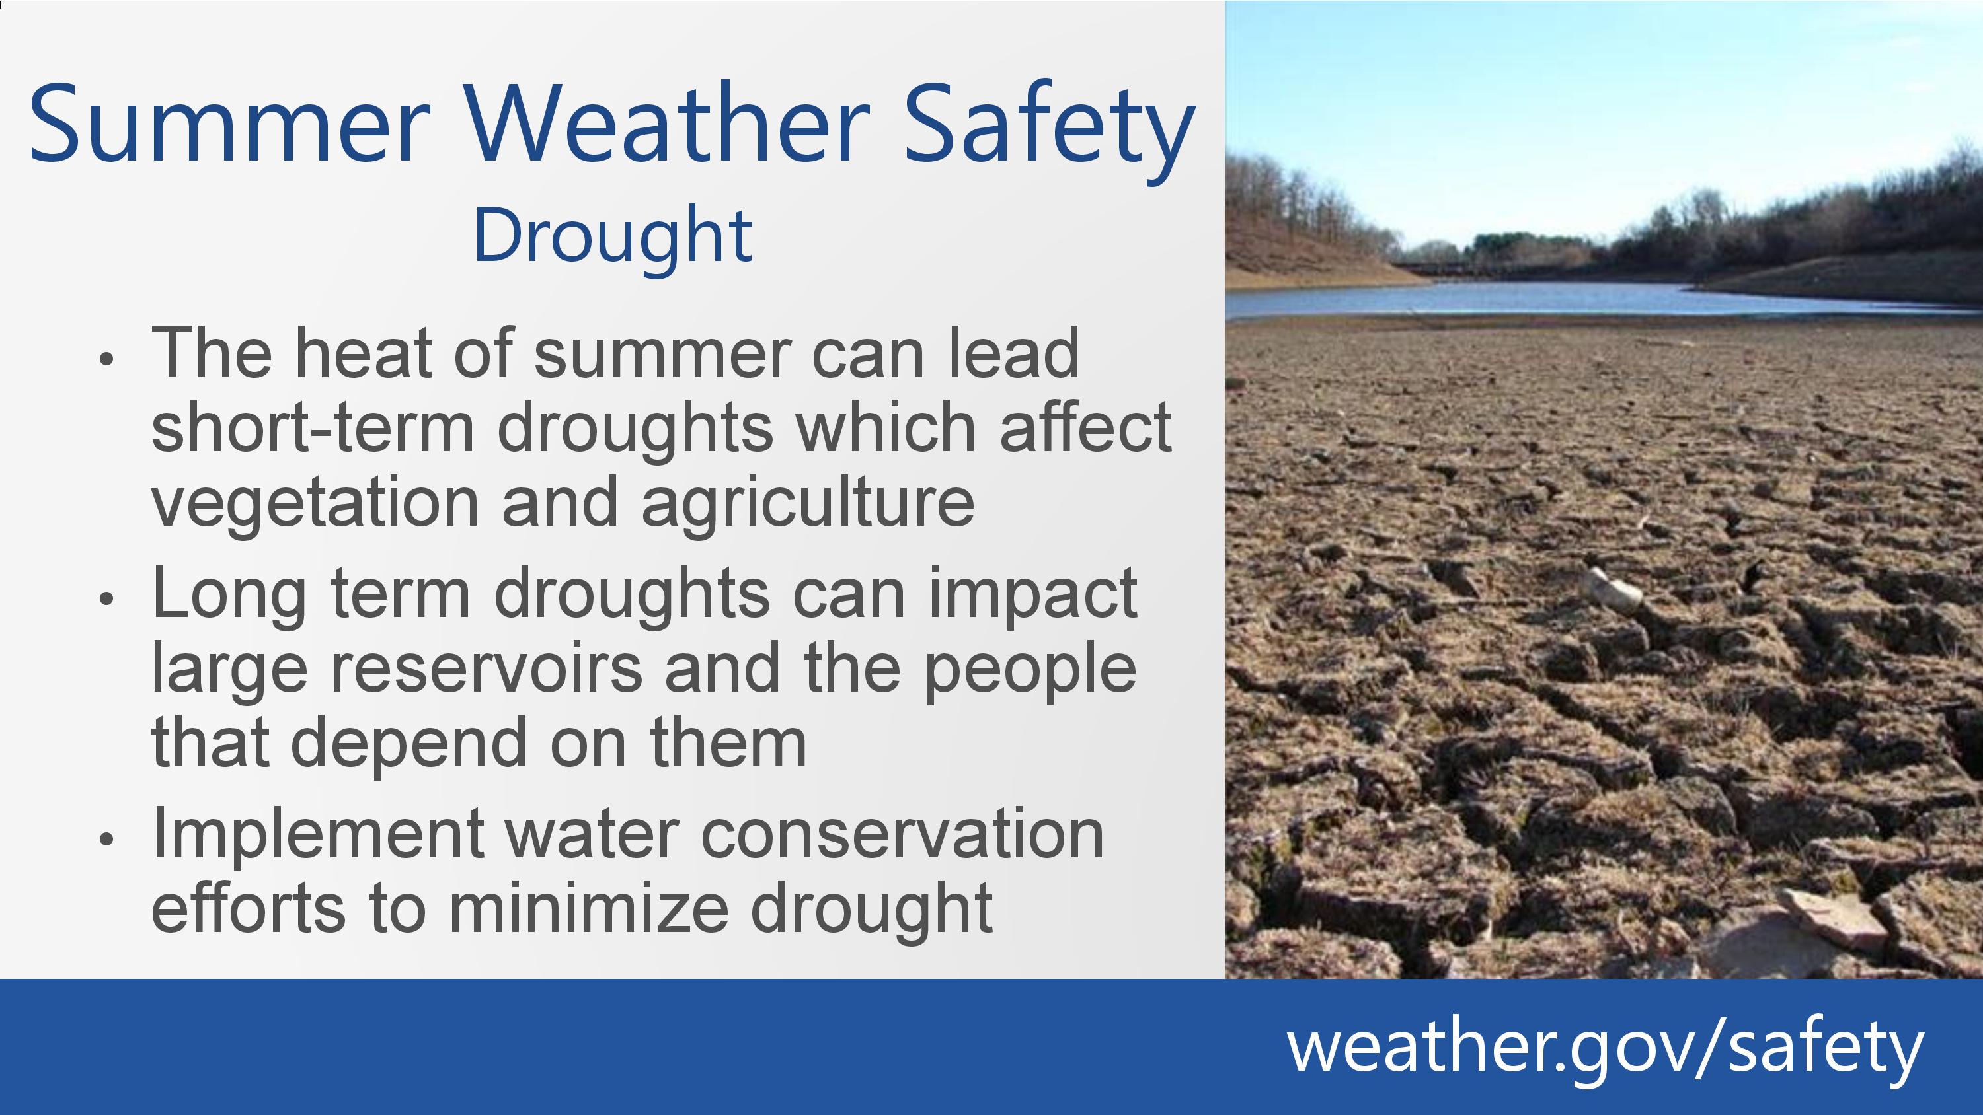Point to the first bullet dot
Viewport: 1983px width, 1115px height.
click(107, 359)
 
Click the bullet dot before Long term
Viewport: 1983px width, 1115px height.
click(107, 598)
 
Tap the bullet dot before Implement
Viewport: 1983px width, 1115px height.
click(107, 840)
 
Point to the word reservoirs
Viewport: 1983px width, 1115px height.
click(486, 667)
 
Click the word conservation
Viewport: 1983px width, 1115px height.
click(903, 834)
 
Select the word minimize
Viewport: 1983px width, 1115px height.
click(588, 909)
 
